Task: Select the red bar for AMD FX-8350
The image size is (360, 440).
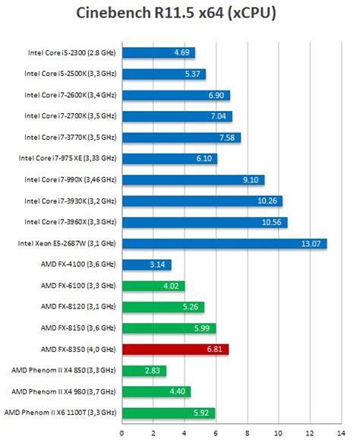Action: (175, 350)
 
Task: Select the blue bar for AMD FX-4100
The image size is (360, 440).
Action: (146, 264)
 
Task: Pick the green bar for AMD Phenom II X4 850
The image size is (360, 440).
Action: (144, 371)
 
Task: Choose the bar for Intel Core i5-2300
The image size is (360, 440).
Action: (158, 52)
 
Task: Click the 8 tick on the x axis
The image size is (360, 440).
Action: (248, 434)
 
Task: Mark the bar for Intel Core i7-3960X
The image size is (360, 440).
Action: (204, 222)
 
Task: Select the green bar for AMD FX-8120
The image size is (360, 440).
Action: (163, 307)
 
